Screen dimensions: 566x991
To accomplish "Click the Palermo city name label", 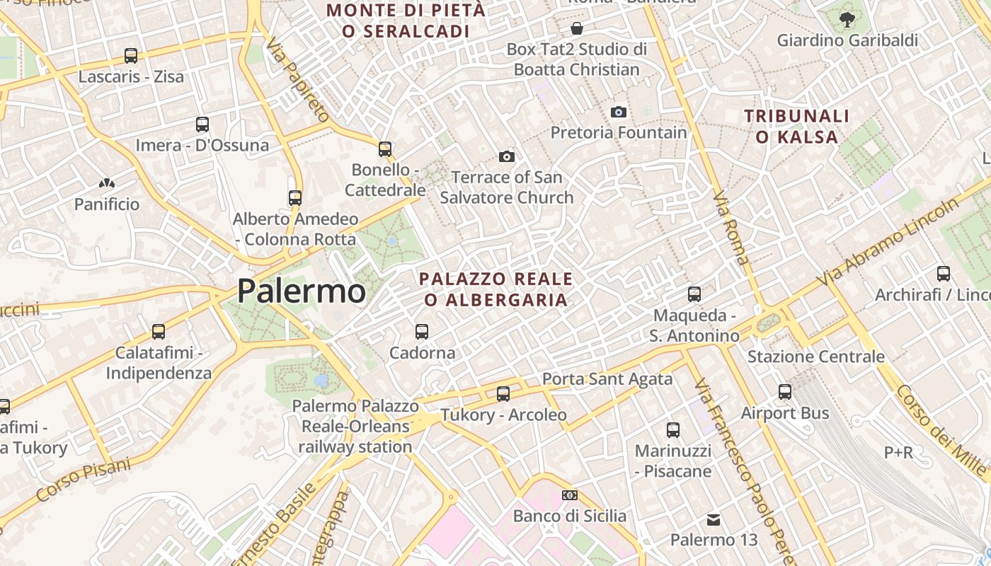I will [301, 291].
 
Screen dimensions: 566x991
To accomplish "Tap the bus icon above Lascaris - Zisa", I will [131, 55].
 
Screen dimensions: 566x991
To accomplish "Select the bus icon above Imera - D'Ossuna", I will [202, 125].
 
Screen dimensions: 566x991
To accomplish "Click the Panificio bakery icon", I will [107, 184].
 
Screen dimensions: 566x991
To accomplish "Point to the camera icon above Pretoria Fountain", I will [618, 112].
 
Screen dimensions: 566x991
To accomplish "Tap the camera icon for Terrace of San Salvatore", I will [507, 156].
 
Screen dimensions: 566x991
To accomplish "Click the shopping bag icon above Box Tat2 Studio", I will [577, 29].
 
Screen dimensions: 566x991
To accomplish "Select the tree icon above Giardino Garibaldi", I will [847, 20].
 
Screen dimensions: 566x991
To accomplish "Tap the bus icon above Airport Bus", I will [785, 391].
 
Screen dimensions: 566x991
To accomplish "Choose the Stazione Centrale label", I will [815, 357].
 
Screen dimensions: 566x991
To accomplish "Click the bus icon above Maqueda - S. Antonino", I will [694, 294].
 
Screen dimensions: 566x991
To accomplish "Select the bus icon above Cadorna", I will [422, 331].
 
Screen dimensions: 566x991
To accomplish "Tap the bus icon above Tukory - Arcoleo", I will [503, 393].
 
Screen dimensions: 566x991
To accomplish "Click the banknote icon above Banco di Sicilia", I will [570, 495].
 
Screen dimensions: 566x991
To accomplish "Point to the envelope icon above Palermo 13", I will [714, 519].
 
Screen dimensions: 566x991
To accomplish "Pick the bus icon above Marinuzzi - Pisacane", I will [673, 429].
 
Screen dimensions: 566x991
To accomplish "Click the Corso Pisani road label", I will [84, 480].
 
